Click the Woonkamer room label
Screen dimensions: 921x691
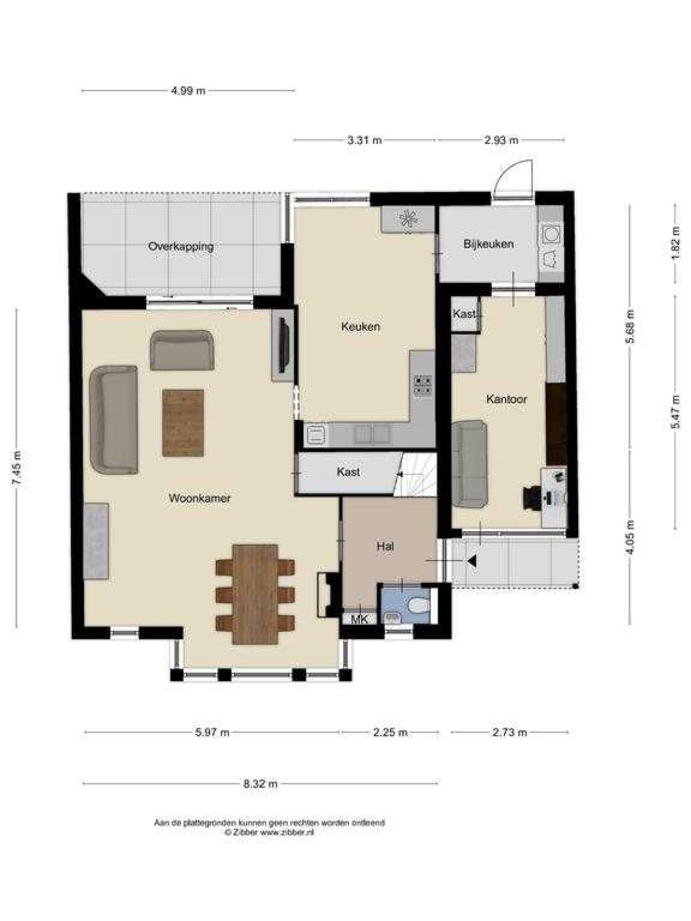click(x=199, y=498)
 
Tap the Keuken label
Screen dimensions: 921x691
click(x=360, y=326)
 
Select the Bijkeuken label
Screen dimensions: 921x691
click(x=488, y=244)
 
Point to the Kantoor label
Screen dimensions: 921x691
click(x=506, y=399)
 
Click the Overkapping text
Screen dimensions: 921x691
click(x=181, y=246)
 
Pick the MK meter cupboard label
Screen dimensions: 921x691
click(x=359, y=620)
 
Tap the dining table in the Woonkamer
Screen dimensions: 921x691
click(x=255, y=593)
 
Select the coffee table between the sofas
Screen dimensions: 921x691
click(x=183, y=423)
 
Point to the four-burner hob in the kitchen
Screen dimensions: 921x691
click(x=423, y=385)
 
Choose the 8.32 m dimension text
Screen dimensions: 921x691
click(x=260, y=783)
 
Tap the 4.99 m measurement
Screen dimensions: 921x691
click(x=188, y=90)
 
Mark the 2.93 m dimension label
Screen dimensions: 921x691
click(x=501, y=140)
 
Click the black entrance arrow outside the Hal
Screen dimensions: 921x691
click(x=472, y=561)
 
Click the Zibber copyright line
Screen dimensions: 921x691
click(x=269, y=832)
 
